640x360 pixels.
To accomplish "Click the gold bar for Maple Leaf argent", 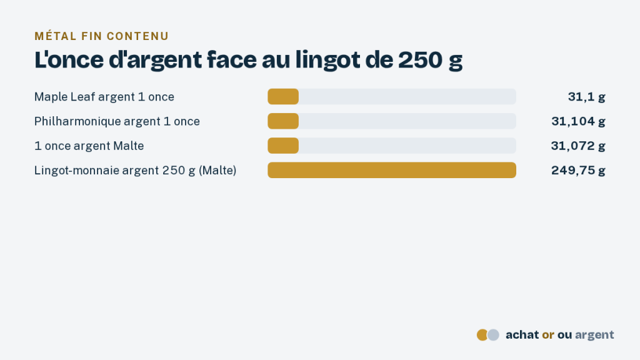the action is (283, 97).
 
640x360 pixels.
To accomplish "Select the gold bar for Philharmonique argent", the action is (283, 121).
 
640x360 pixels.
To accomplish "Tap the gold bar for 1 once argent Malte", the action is (283, 146).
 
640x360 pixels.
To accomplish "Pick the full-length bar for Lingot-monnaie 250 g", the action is (392, 170).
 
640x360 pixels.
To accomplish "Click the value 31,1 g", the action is (586, 97).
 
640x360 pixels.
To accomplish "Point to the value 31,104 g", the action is (578, 121).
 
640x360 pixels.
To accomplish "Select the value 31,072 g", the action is (578, 146).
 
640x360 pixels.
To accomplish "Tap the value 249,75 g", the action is (578, 170).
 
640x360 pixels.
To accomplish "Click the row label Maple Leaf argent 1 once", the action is (104, 97).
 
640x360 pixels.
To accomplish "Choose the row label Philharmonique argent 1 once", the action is (117, 121).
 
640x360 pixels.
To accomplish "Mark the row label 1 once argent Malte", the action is (89, 146).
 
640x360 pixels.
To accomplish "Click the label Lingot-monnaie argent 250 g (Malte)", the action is (135, 170).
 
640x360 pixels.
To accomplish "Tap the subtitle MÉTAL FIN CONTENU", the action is (102, 36).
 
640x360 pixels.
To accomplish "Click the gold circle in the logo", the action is (482, 335).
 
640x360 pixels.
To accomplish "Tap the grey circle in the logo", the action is (494, 335).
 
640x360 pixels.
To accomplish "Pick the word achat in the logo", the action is (522, 335).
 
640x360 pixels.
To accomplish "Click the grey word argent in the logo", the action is (594, 336).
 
